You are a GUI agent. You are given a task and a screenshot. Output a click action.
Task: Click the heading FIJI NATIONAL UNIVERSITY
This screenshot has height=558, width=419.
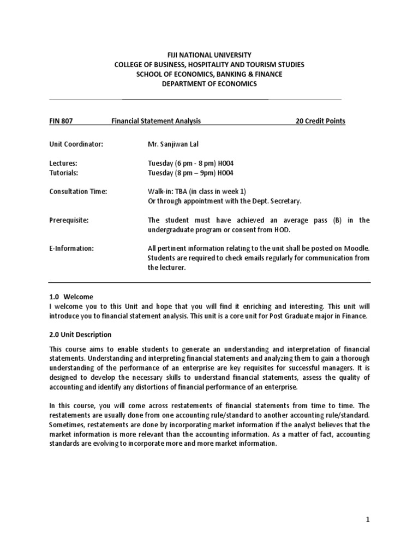[x=209, y=55]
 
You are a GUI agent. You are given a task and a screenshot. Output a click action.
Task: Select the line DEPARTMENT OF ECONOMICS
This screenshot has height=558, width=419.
[x=209, y=84]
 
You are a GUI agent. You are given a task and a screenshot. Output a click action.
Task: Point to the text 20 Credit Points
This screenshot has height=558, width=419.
[x=320, y=122]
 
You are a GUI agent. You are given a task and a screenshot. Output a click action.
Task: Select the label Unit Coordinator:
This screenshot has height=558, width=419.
[x=76, y=144]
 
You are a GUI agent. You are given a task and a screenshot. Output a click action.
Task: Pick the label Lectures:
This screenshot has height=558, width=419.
[x=63, y=163]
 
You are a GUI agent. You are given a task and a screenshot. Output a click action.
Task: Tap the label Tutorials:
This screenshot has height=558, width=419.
[x=64, y=173]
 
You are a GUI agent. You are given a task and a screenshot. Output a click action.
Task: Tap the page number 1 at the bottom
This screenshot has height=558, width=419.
[x=368, y=520]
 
